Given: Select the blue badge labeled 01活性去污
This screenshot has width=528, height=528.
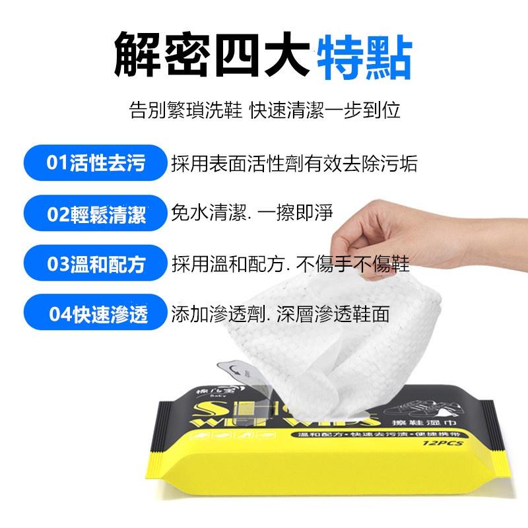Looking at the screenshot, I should pyautogui.click(x=96, y=164).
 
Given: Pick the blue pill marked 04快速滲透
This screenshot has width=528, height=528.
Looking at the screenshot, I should pyautogui.click(x=96, y=313).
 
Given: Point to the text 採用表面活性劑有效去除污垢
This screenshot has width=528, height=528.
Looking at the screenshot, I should pyautogui.click(x=294, y=164).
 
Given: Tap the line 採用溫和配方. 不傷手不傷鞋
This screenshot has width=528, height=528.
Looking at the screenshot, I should pyautogui.click(x=290, y=264).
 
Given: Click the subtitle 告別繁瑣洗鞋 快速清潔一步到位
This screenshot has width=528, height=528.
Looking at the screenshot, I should pyautogui.click(x=264, y=110).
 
